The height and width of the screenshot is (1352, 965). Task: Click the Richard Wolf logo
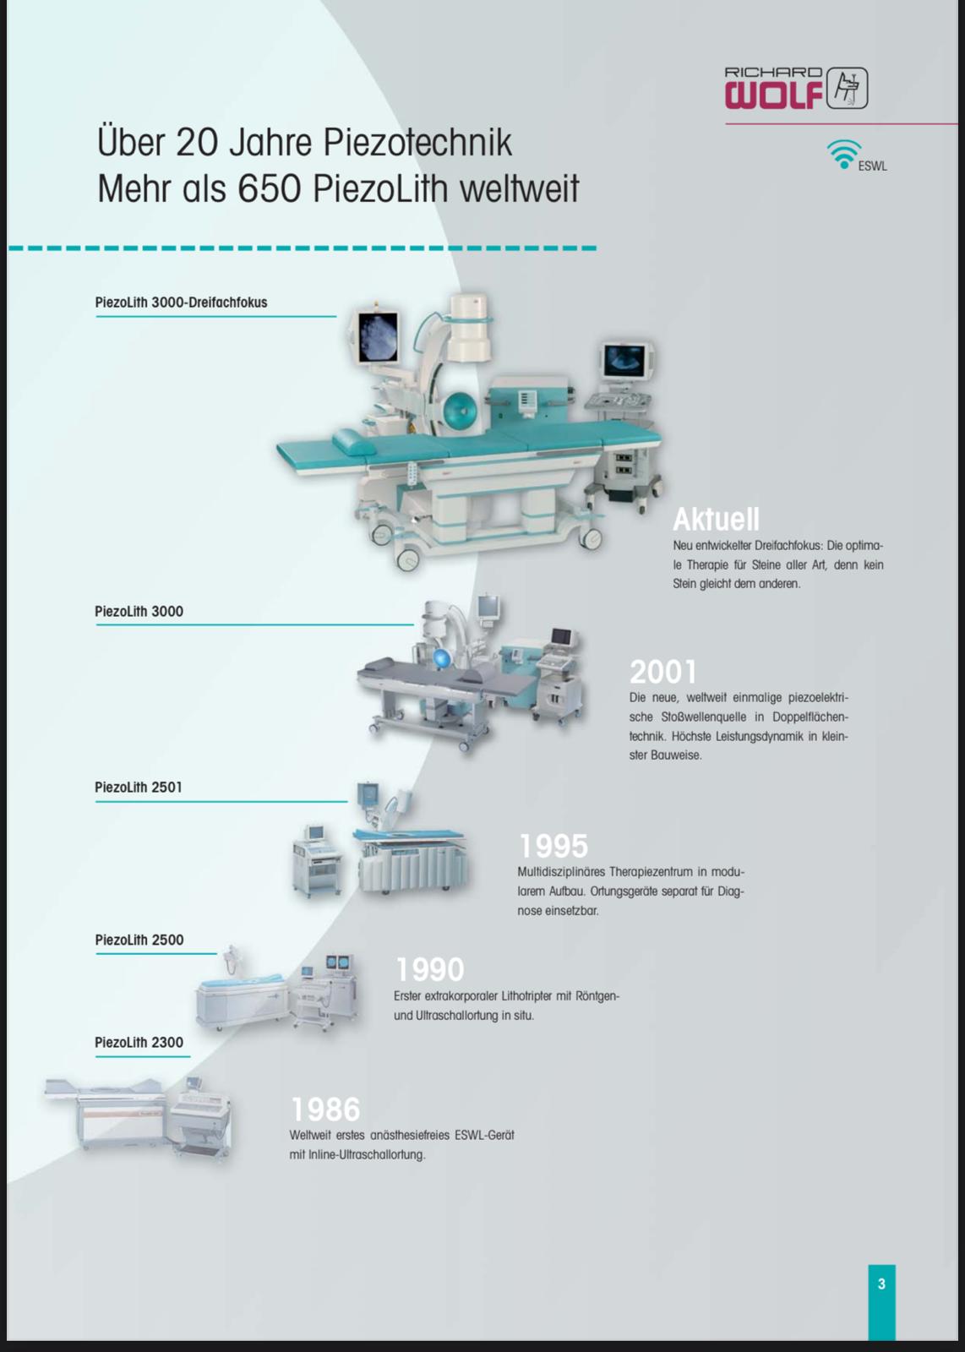click(x=796, y=88)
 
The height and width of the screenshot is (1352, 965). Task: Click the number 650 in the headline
click(x=270, y=188)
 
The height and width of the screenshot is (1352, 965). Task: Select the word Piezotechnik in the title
click(x=417, y=143)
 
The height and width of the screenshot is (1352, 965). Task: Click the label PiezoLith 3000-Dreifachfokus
click(x=181, y=303)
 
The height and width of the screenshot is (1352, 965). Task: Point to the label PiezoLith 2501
click(x=139, y=787)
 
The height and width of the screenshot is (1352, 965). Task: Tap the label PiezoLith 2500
click(x=139, y=940)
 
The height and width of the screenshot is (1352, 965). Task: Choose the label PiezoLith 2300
click(x=139, y=1043)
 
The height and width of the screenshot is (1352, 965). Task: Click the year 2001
click(x=662, y=672)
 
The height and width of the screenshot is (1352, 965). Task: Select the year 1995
click(x=553, y=846)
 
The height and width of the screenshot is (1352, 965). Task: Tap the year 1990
click(x=430, y=970)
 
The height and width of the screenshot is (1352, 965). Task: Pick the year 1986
click(x=326, y=1109)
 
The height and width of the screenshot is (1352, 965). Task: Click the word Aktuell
click(x=717, y=519)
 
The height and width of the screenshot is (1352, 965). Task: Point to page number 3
click(x=881, y=1284)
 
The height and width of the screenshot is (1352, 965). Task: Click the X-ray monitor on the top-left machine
click(x=378, y=337)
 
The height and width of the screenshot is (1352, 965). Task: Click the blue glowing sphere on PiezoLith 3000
click(x=443, y=658)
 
